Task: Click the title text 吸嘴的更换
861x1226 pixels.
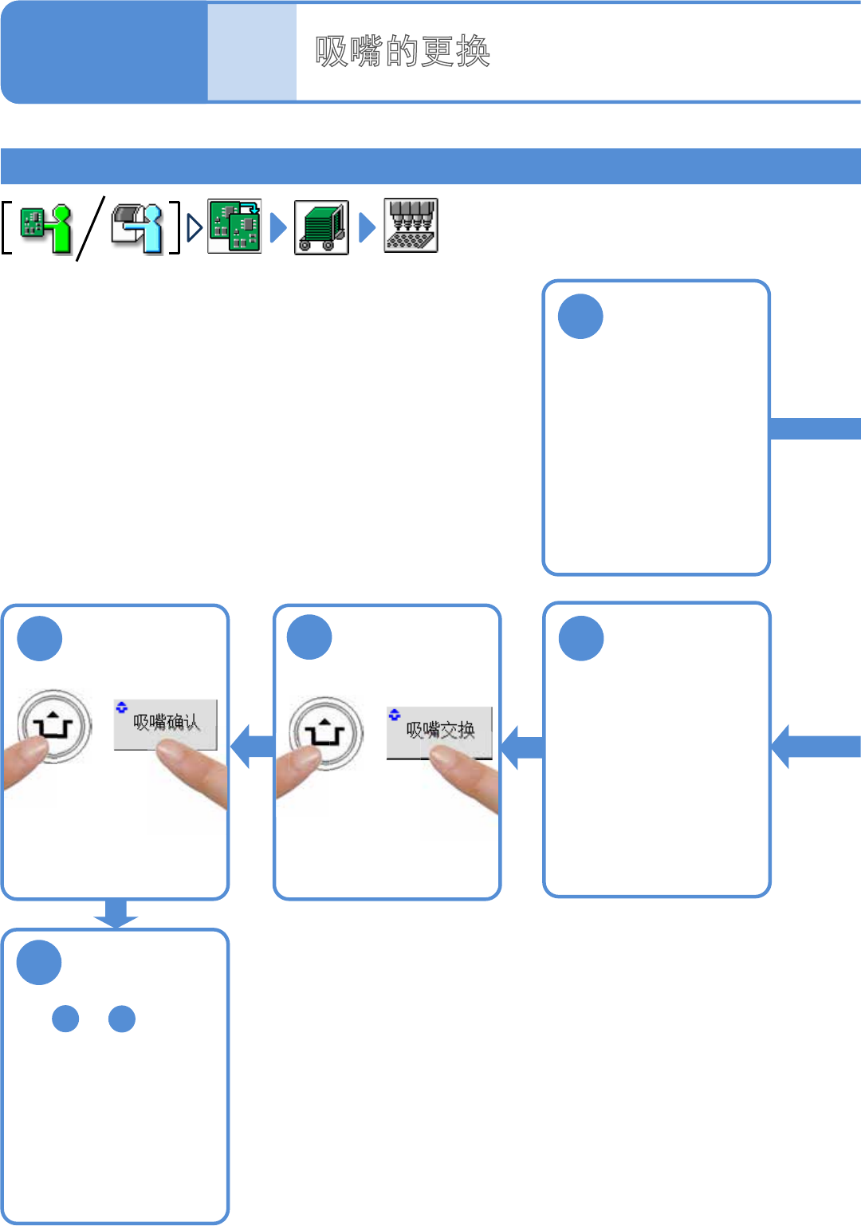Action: [x=403, y=52]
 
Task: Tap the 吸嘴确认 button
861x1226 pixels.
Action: [x=165, y=723]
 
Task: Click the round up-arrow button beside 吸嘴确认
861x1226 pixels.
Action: [x=53, y=727]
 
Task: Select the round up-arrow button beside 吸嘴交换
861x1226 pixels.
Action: [x=325, y=733]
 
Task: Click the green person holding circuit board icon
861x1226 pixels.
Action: [x=46, y=227]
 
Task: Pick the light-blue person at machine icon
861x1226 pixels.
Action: [x=137, y=227]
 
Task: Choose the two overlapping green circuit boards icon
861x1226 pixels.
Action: [x=234, y=227]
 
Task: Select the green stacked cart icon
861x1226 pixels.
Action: [x=321, y=227]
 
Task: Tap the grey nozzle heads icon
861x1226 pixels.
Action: [x=411, y=226]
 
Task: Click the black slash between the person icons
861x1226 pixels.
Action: [x=90, y=228]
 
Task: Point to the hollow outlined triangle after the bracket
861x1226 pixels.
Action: [x=195, y=227]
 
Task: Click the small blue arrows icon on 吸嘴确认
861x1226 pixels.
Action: [x=121, y=707]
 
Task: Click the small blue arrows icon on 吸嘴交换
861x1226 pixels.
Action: [x=394, y=714]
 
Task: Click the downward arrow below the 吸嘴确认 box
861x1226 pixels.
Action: [x=116, y=913]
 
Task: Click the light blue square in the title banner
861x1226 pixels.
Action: [x=252, y=52]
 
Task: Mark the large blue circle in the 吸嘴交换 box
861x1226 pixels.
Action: [x=309, y=637]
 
